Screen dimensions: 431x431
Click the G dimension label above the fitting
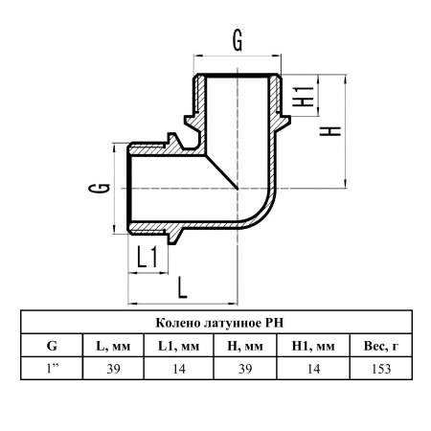click(x=238, y=41)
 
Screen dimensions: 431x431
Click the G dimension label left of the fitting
click(x=100, y=188)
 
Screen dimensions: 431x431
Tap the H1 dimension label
click(x=304, y=97)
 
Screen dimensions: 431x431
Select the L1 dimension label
click(x=147, y=257)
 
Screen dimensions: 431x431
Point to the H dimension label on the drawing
click(x=330, y=131)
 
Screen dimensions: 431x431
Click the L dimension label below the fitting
click(x=182, y=287)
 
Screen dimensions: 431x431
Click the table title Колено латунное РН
click(x=219, y=323)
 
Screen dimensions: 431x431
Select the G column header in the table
click(x=52, y=346)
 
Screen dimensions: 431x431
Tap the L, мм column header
click(x=113, y=346)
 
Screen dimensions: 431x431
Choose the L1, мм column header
click(x=179, y=346)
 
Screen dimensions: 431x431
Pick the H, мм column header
click(x=245, y=346)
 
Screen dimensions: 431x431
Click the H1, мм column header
click(x=313, y=346)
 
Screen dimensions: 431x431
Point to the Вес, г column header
click(x=381, y=346)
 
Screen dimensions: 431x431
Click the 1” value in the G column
click(x=53, y=369)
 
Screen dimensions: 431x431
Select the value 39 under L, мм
click(x=114, y=369)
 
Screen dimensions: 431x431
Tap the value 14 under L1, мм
click(x=179, y=369)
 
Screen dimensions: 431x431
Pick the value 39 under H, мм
click(x=245, y=369)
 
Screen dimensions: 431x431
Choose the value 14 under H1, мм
click(x=313, y=369)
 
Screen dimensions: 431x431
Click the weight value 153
click(x=381, y=369)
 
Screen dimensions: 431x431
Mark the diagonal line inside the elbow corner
click(x=222, y=172)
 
